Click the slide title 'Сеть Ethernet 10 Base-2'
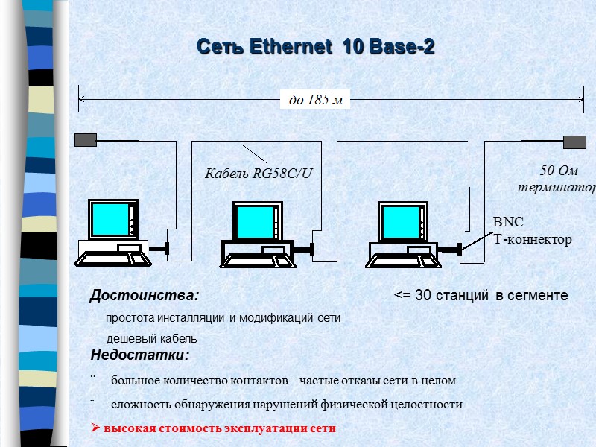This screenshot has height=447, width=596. (316, 47)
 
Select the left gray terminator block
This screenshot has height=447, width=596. (87, 140)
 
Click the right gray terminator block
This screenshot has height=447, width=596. (575, 142)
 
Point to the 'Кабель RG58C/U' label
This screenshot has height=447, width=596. (259, 174)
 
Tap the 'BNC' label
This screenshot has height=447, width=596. (509, 223)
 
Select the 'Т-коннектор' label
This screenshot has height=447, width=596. (533, 239)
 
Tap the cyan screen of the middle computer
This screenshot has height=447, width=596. (253, 221)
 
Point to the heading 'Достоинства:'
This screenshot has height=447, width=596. (145, 296)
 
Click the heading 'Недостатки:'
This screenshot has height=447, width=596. (140, 353)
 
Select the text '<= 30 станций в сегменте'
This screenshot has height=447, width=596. (481, 296)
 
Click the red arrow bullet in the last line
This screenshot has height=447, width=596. (95, 428)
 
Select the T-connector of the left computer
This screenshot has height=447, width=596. (167, 248)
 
